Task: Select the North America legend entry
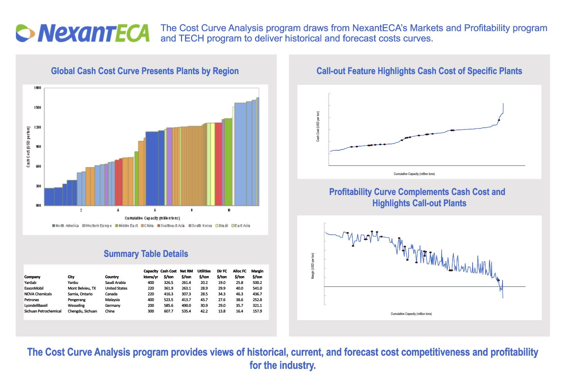point(66,226)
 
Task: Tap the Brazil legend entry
point(222,226)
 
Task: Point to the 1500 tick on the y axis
point(37,108)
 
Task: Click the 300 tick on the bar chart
point(38,186)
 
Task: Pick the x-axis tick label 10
point(229,210)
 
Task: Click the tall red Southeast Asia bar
point(218,164)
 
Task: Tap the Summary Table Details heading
point(146,254)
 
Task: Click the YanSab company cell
point(30,283)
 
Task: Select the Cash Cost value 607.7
point(168,311)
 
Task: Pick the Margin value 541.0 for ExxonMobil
point(257,288)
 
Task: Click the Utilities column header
point(204,271)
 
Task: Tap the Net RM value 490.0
point(186,306)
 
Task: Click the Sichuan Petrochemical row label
point(43,311)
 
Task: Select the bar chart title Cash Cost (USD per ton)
point(28,147)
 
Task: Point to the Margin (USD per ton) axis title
point(313,266)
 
